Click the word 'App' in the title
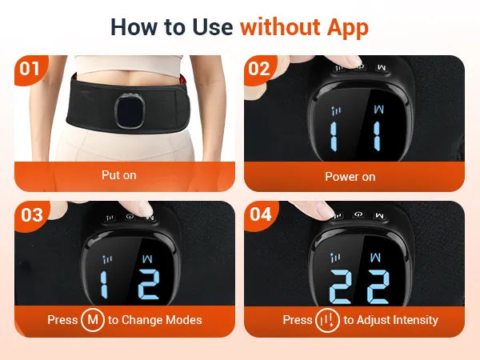(347, 28)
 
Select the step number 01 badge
(30, 69)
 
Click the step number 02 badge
(259, 69)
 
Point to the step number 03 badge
(31, 215)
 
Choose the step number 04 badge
(261, 214)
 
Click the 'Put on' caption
(119, 175)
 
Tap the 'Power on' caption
(350, 177)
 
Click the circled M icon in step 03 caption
(93, 320)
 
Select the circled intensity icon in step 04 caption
(327, 320)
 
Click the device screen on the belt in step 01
(130, 110)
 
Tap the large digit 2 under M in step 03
(149, 284)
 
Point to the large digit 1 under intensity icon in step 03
(104, 285)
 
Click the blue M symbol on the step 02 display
(378, 110)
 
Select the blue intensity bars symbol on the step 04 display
(336, 258)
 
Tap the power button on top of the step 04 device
(358, 215)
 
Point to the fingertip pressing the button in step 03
(143, 209)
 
